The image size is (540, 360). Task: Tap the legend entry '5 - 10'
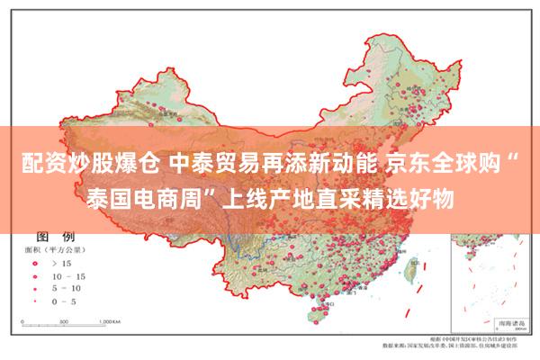point(67,288)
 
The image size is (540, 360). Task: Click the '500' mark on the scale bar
point(69,321)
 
